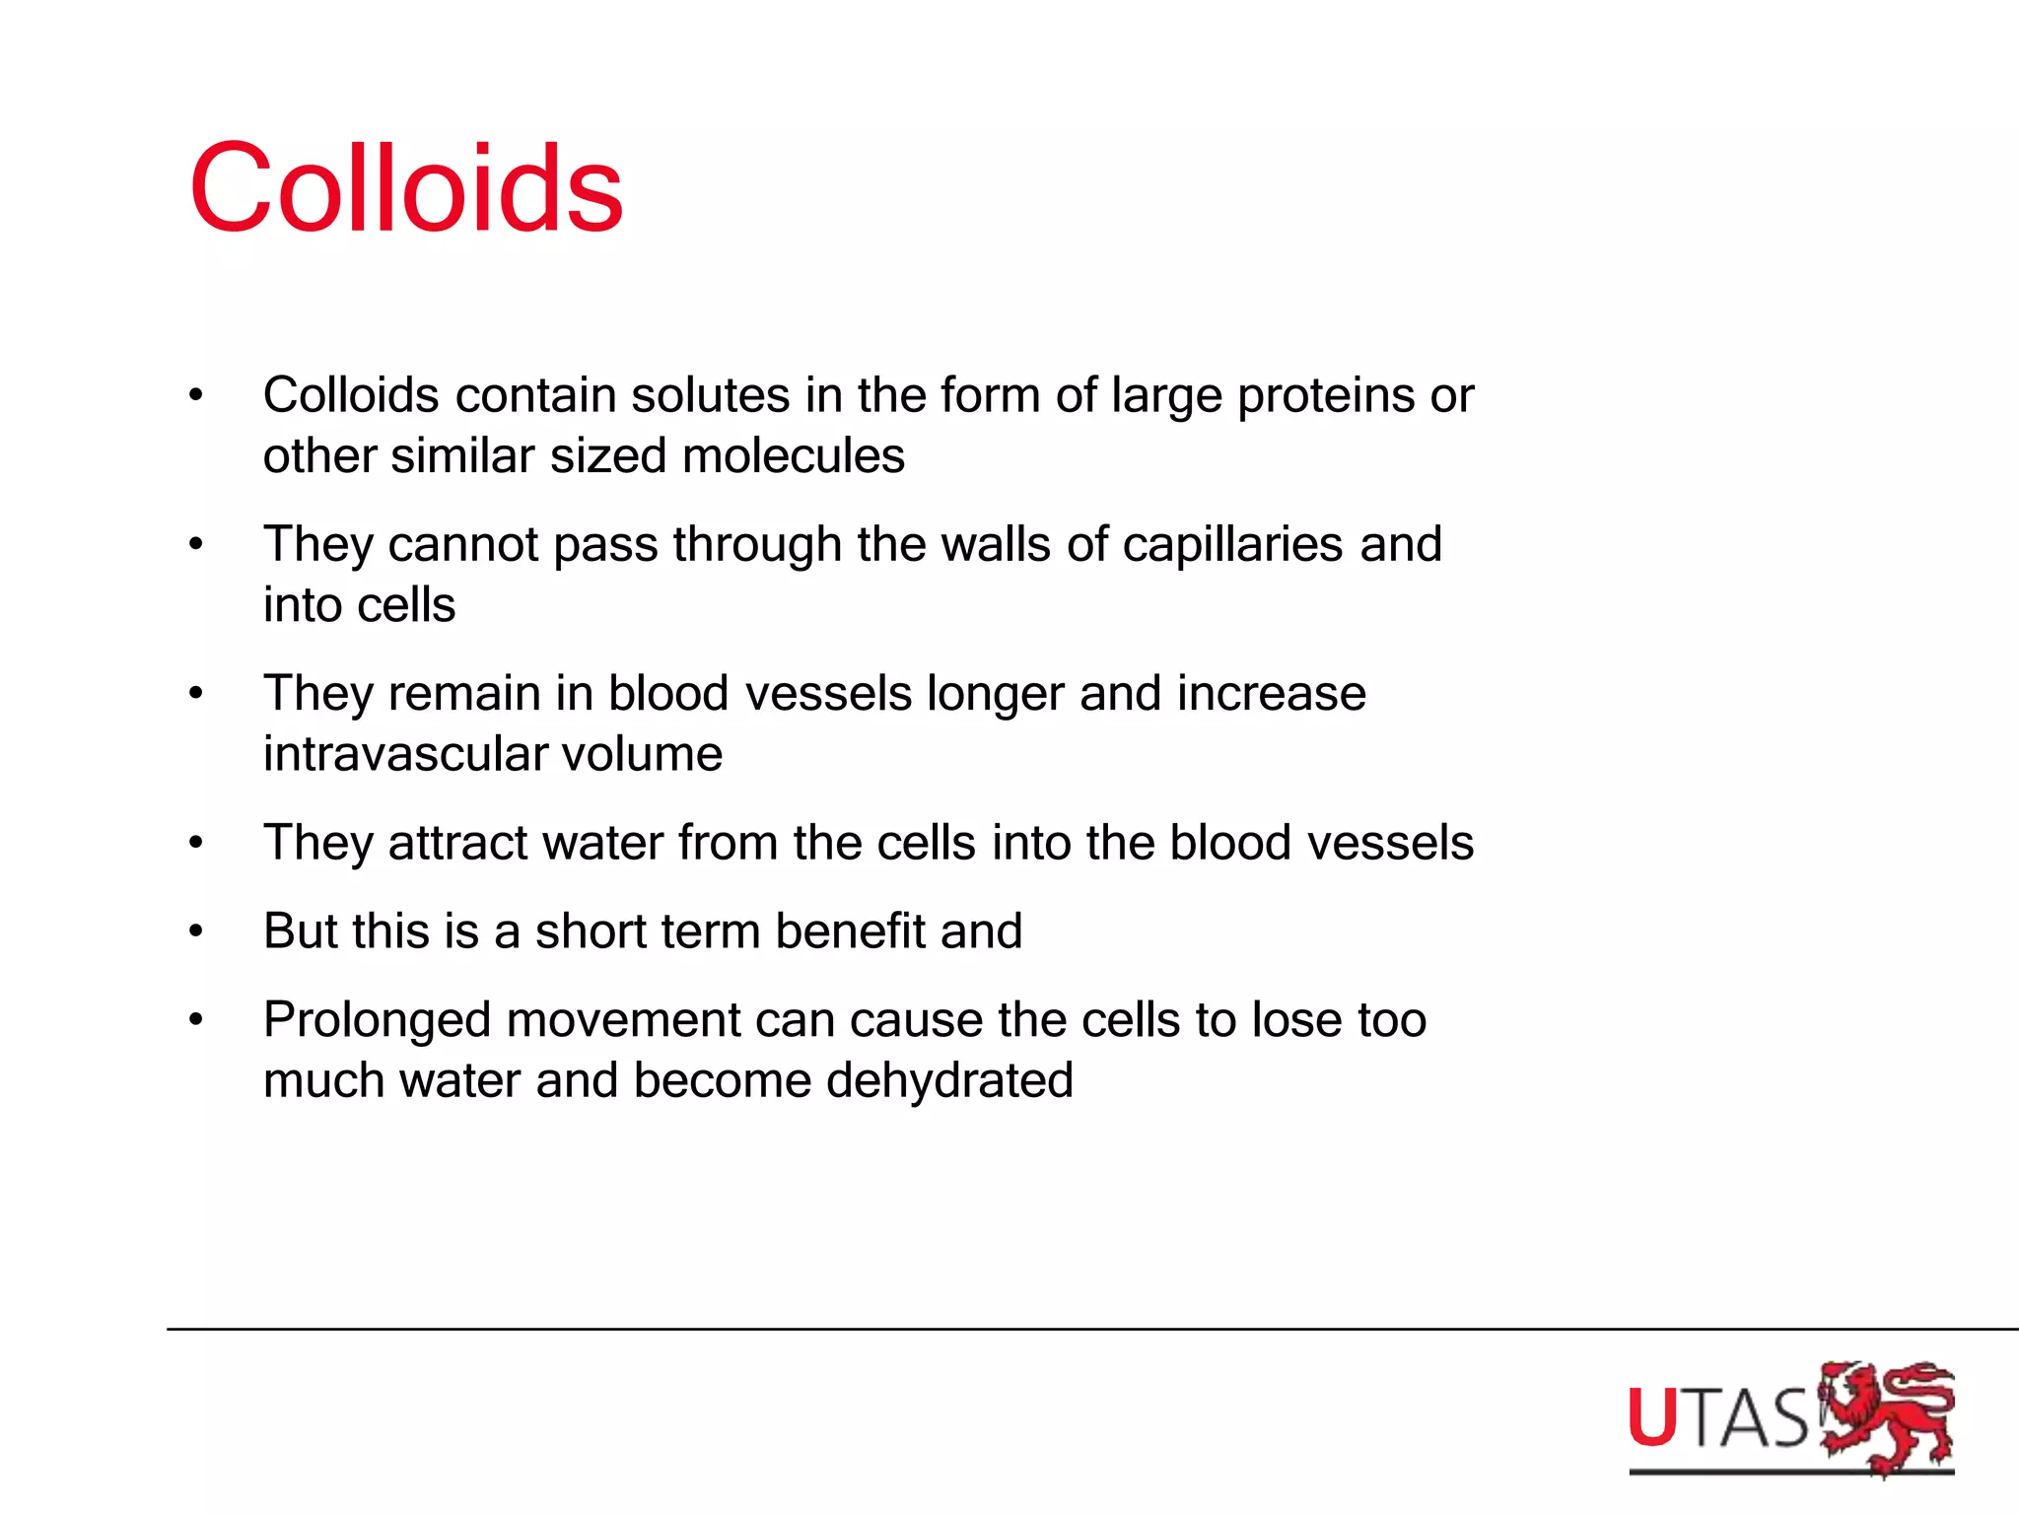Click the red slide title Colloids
coord(406,188)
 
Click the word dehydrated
coord(949,1081)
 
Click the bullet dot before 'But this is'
coord(196,931)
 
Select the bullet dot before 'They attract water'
coord(196,844)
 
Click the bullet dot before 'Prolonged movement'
coord(196,1020)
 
